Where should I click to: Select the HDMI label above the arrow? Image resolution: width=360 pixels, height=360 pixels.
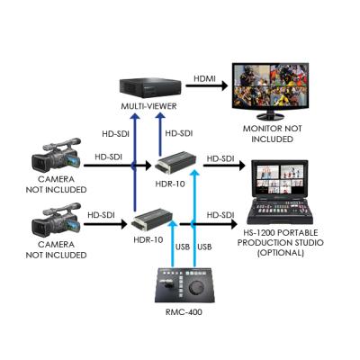click(x=204, y=78)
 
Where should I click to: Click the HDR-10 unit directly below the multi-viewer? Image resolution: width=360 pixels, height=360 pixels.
click(x=175, y=165)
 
